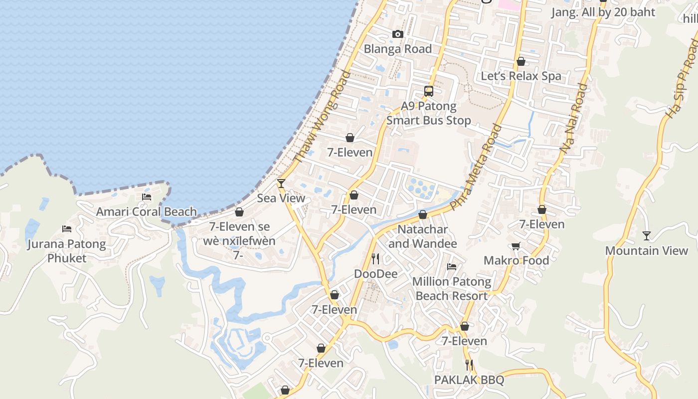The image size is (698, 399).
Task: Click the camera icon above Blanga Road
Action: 397,34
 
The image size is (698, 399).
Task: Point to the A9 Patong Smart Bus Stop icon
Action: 429,91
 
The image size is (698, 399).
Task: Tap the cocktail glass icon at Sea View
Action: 281,184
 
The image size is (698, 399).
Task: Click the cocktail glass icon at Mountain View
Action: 647,236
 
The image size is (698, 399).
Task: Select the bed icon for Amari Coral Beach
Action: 147,197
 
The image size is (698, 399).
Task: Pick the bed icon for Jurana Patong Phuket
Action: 67,229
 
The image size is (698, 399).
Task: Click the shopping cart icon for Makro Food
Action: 516,246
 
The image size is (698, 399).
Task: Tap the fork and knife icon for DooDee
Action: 375,259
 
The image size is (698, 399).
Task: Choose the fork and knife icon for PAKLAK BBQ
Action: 469,365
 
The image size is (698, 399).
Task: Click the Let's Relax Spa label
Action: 521,76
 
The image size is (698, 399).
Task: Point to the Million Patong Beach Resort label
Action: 452,289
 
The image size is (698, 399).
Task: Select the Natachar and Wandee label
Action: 423,236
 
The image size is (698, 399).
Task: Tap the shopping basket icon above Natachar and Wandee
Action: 423,215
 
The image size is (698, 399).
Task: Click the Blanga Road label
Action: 397,49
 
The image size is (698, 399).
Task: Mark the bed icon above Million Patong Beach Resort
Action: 452,267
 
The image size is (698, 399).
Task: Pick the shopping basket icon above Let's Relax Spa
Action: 521,61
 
